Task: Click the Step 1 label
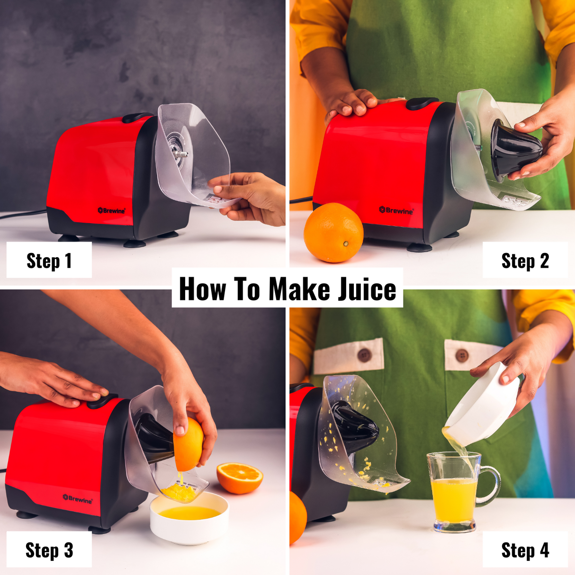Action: point(49,261)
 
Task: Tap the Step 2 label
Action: point(525,261)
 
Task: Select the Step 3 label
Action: point(49,550)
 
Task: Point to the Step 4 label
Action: point(525,550)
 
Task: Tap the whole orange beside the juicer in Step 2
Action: point(333,233)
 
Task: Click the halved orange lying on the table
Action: point(240,477)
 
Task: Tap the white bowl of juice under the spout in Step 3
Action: point(189,518)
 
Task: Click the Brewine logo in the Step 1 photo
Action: point(111,210)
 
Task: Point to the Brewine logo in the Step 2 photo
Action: point(396,210)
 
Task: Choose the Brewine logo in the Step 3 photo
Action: point(78,499)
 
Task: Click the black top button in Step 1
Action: point(136,117)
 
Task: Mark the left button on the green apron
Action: point(364,355)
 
